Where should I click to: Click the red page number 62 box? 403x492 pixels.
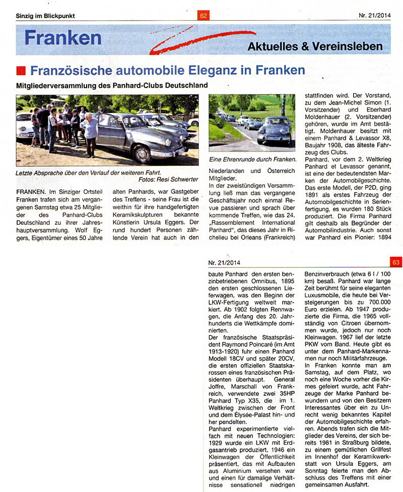click(204, 16)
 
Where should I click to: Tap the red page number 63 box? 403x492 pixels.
click(395, 262)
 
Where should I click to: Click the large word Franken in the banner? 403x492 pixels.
click(63, 38)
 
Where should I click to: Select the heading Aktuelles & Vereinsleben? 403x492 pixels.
click(315, 46)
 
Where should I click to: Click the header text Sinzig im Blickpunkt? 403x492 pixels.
click(45, 16)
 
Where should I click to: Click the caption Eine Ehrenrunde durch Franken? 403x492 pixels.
click(251, 159)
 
